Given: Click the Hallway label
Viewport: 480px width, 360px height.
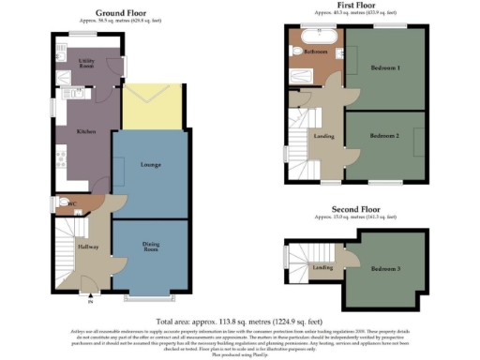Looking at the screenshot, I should click(x=88, y=247).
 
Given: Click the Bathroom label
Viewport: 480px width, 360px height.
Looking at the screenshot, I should click(x=315, y=52).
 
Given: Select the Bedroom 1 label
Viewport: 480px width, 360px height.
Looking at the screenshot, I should click(x=384, y=68).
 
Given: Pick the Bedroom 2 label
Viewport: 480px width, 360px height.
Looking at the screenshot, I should click(x=384, y=137).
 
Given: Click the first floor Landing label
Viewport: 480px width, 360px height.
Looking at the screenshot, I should click(x=323, y=137).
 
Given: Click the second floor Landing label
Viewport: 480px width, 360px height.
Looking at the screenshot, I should click(x=322, y=269).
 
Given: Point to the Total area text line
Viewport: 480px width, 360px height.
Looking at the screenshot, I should click(x=238, y=321).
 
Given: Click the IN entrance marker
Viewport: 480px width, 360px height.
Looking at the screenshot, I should click(x=91, y=302).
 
